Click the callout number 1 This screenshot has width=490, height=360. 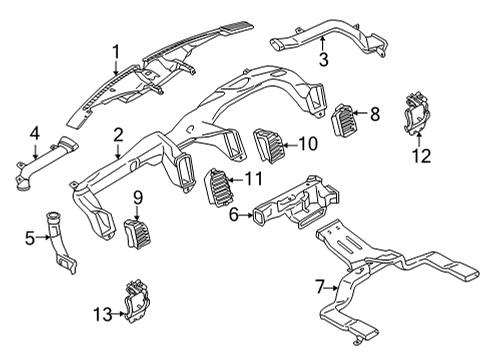click(115, 50)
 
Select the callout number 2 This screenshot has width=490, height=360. click(118, 134)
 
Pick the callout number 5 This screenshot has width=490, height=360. click(29, 237)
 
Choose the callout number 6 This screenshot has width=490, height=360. click(234, 213)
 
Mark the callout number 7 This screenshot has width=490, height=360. click(320, 287)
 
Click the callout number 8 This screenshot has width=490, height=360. click(375, 114)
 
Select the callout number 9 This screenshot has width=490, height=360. click(139, 196)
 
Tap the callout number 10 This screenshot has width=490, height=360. click(308, 144)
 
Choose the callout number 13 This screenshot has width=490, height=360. click(98, 314)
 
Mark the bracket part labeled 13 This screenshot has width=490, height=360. click(135, 302)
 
